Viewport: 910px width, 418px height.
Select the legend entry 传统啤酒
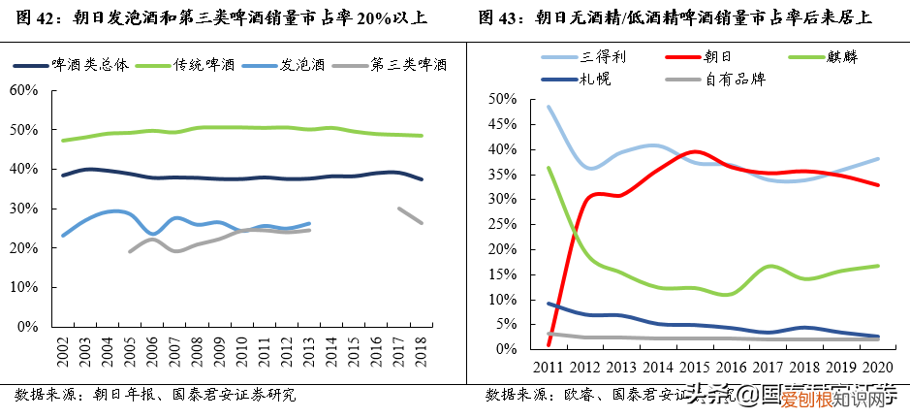tap(204, 66)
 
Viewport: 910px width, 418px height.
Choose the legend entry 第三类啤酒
tap(408, 66)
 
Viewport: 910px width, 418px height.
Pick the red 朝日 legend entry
tap(716, 57)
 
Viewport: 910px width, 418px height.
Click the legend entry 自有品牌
tap(736, 79)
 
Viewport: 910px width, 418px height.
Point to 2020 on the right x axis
tap(877, 368)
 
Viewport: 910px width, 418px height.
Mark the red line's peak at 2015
tap(694, 151)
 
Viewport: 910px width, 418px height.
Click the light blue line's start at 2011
tap(549, 107)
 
